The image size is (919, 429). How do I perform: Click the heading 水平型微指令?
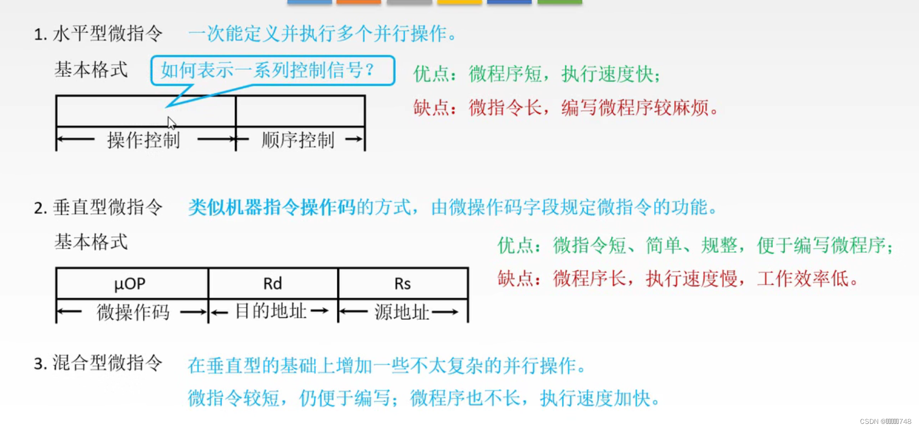point(107,34)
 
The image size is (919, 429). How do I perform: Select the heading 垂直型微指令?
point(107,208)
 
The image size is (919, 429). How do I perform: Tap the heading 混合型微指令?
point(107,363)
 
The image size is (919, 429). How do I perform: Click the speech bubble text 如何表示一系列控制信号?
point(268,70)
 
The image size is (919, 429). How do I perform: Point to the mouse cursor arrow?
point(171,122)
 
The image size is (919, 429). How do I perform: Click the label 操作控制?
point(144,140)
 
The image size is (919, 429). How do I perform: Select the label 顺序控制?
point(298,140)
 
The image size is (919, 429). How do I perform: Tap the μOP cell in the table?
point(130,283)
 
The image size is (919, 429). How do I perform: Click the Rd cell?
point(273,283)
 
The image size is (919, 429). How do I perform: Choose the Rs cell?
point(403,283)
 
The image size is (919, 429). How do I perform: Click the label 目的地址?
point(271,311)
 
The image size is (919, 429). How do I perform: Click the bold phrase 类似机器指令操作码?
point(272,208)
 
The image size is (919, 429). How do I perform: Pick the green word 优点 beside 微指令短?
point(516,246)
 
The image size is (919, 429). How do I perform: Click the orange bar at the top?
point(358,2)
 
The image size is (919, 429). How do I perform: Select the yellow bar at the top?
point(459,2)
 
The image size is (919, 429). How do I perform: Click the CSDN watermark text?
point(885,421)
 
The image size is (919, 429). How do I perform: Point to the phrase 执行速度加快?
point(596,398)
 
